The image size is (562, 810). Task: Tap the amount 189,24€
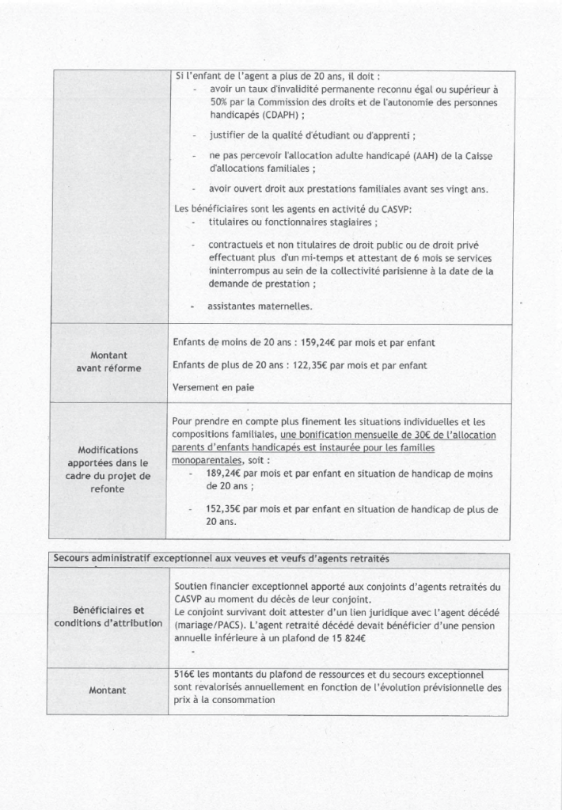pyautogui.click(x=224, y=473)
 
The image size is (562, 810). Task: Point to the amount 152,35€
pyautogui.click(x=224, y=510)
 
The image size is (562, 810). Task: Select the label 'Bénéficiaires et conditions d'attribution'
pyautogui.click(x=108, y=617)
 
